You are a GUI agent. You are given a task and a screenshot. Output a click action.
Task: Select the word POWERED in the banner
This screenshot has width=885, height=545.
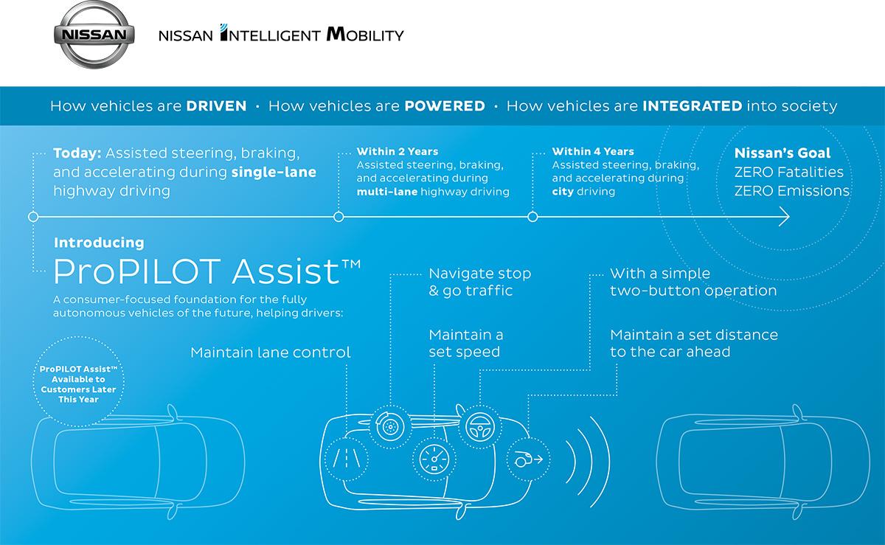(445, 105)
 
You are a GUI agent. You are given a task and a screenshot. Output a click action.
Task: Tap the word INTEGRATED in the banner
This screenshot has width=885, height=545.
(692, 105)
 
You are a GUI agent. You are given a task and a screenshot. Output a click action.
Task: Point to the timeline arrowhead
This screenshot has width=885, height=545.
(785, 217)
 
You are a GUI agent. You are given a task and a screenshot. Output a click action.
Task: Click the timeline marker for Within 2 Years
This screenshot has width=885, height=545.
(339, 217)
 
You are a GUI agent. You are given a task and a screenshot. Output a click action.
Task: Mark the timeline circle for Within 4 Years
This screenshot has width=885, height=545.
(532, 217)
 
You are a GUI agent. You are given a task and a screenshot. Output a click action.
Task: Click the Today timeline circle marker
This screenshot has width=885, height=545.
(32, 217)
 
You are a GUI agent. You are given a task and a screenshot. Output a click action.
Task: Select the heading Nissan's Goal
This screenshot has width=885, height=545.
(782, 154)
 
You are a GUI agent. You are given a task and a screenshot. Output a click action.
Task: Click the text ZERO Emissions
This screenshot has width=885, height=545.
(792, 191)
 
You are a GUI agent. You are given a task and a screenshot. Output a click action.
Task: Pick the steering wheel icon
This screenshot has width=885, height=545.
(479, 426)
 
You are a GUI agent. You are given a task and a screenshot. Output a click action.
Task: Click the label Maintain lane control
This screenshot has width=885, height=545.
(271, 353)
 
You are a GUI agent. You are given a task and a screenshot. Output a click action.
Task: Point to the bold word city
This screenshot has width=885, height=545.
(563, 191)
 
